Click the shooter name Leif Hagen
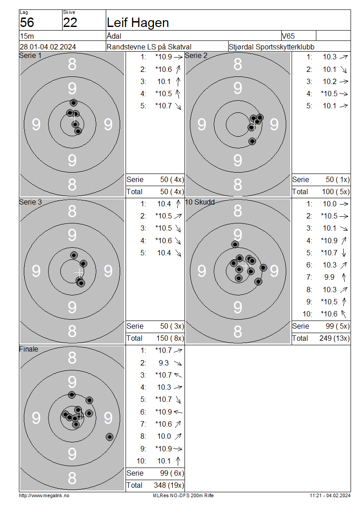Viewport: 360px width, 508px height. point(138,22)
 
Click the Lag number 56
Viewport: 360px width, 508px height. point(27,22)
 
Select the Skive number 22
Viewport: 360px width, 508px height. point(70,22)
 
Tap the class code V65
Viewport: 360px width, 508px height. point(288,36)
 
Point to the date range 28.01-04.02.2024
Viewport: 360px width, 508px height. point(48,47)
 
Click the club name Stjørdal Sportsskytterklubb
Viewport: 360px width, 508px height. point(271,47)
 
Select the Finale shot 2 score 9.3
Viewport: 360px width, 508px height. point(164,363)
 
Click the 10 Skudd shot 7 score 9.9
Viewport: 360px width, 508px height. point(329,277)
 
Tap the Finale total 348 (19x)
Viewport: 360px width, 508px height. point(169,485)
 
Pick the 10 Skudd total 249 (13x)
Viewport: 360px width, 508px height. point(334,338)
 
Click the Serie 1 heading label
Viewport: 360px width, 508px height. point(31,55)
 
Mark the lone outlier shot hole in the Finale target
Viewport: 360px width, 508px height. point(110,437)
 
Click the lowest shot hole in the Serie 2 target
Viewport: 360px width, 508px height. point(252,141)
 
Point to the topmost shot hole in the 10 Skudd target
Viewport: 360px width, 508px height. point(235,244)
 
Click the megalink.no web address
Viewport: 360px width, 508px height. point(44,495)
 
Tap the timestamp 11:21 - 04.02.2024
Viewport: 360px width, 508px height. point(330,495)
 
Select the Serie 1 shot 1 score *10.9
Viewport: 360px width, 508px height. point(163,57)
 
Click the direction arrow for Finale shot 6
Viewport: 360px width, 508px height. point(178,412)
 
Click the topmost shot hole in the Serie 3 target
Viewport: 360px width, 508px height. point(74,255)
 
